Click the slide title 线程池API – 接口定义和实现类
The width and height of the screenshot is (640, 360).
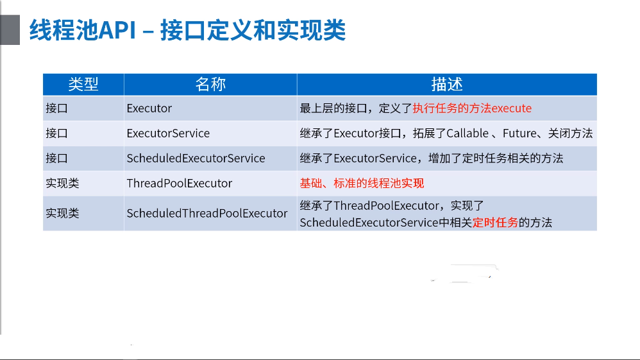coord(187,30)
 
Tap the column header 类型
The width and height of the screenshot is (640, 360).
coord(83,84)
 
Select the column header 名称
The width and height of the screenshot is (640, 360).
coord(210,84)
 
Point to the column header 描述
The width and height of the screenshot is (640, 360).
coord(447,84)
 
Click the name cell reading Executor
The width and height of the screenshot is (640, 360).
coord(149,108)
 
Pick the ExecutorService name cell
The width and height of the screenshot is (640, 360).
coord(168,133)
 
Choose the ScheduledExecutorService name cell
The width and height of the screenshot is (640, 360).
coord(196,158)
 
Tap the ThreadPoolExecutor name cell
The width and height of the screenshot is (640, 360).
coord(179,183)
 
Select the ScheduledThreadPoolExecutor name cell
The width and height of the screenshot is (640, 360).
coord(207,213)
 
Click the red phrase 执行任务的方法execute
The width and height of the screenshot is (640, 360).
coord(472,108)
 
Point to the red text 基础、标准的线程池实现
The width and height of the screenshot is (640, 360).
coord(362,183)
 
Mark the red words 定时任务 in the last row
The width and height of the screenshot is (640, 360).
coord(495,223)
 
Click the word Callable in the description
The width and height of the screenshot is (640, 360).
coord(467,133)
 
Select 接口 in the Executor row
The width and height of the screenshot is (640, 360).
coord(56,108)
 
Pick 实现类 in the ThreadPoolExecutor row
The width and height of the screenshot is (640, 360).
coord(62,183)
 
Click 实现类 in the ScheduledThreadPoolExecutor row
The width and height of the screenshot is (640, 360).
coord(62,213)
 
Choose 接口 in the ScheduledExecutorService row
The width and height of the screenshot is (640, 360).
coord(56,158)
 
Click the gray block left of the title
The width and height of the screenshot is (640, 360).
coord(10,30)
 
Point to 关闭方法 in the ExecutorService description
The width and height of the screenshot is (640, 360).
coord(570,133)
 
